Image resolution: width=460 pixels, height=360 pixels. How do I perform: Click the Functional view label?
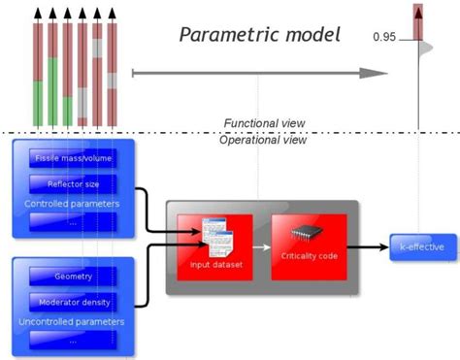click(265, 123)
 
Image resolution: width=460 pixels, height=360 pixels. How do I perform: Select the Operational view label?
click(265, 140)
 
